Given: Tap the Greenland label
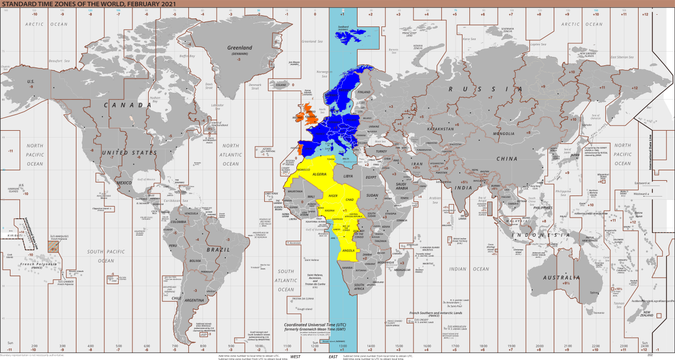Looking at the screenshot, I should pos(240,48).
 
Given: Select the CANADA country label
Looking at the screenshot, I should pos(128,105).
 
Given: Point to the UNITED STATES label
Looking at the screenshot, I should pos(129,153).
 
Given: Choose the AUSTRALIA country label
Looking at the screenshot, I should pos(562,278).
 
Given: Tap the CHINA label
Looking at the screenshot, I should pos(507,159).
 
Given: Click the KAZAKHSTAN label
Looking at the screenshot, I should pos(440,129).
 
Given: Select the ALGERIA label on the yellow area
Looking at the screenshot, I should pos(320,174).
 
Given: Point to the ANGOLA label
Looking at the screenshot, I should pos(349,250).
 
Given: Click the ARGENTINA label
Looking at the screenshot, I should pos(195,300).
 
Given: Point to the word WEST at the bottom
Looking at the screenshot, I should pos(295,357).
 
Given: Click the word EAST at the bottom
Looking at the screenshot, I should pos(333,357).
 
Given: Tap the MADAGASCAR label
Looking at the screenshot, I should pos(402,269).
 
